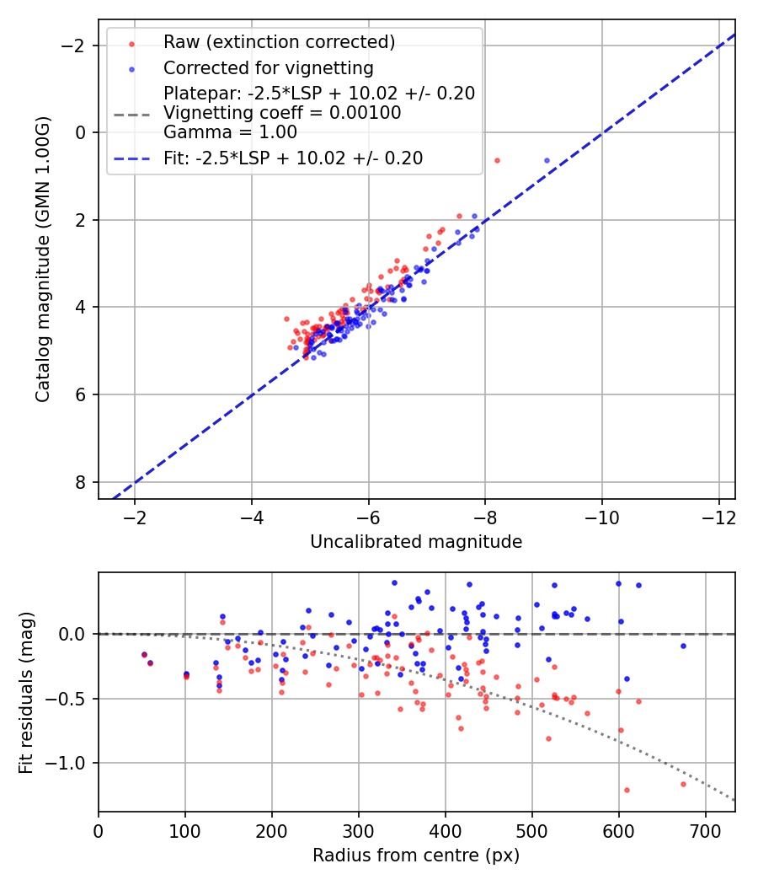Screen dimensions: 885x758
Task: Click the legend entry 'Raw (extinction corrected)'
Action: (279, 42)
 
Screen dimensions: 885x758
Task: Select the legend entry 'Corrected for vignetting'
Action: (268, 67)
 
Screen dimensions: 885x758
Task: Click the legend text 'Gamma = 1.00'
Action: (230, 131)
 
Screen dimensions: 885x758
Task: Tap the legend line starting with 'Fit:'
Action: (293, 158)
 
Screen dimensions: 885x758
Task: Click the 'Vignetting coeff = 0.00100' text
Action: (282, 112)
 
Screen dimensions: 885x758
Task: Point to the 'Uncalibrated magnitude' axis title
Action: (416, 542)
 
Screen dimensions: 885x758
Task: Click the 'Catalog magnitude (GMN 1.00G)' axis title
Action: (44, 260)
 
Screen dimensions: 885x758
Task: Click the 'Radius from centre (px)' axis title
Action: (416, 855)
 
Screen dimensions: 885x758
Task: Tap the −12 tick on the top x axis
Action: (718, 515)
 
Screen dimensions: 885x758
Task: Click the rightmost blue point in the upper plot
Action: (547, 160)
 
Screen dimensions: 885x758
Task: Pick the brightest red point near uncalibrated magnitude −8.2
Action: (497, 160)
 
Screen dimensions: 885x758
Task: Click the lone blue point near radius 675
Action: (683, 646)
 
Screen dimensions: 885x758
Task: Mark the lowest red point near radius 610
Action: (627, 790)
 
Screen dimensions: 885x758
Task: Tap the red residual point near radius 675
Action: (683, 784)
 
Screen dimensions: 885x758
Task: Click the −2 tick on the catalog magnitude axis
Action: (79, 45)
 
